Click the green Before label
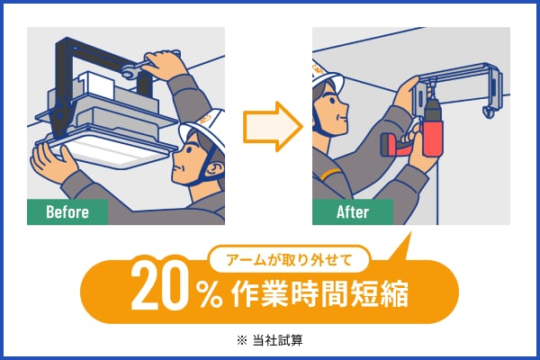click(x=67, y=211)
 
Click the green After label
click(x=353, y=211)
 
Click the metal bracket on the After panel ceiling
click(x=459, y=85)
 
